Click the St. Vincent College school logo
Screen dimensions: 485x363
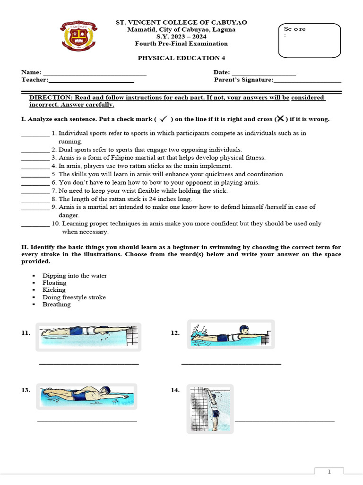[79, 37]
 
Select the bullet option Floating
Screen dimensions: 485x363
[54, 283]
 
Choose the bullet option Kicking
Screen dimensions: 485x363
[54, 290]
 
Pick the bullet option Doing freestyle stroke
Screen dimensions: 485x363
[74, 297]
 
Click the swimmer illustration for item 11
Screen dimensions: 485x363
[88, 336]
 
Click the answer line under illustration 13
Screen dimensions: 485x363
[87, 421]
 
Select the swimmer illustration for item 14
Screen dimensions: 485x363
[210, 407]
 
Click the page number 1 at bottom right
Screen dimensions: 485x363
[329, 472]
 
